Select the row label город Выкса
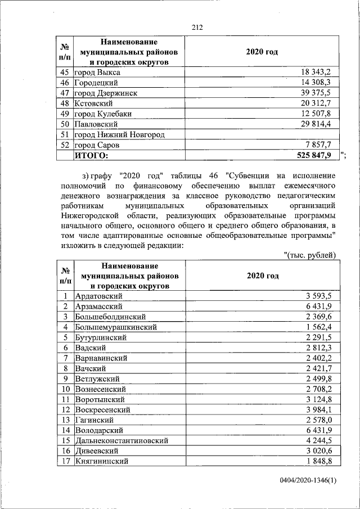(x=98, y=73)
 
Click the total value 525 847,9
(x=314, y=155)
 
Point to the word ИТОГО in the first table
(x=91, y=155)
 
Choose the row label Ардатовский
(x=101, y=296)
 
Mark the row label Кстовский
(x=94, y=103)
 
